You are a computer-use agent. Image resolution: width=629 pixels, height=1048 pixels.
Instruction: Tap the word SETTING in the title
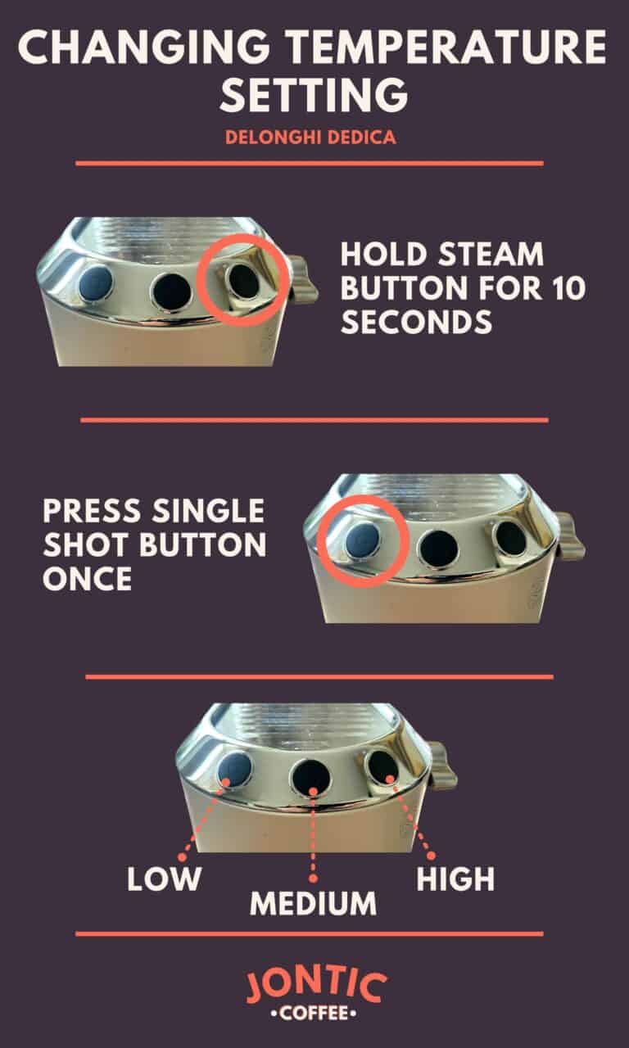pyautogui.click(x=314, y=96)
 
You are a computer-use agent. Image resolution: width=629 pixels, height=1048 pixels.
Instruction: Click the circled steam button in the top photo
pyautogui.click(x=243, y=281)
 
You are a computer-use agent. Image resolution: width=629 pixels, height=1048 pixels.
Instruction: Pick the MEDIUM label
pyautogui.click(x=314, y=904)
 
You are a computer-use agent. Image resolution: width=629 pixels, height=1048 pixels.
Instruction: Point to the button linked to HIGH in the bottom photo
pyautogui.click(x=382, y=768)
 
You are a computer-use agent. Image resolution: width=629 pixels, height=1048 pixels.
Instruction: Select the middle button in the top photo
pyautogui.click(x=171, y=289)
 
